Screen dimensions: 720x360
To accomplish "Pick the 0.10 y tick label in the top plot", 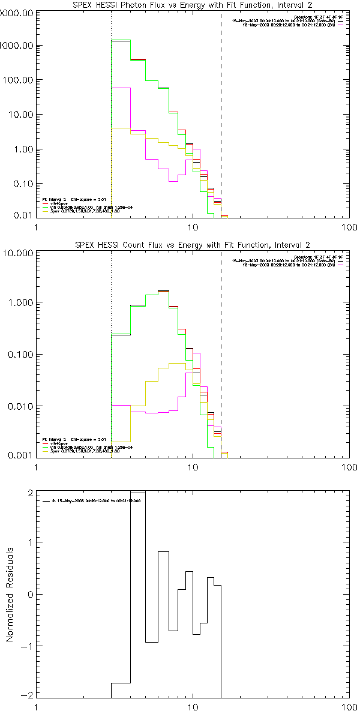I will click(x=20, y=184).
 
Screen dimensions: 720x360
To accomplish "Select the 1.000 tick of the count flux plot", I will click(x=18, y=303).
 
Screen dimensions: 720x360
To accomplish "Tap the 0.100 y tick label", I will click(x=18, y=355).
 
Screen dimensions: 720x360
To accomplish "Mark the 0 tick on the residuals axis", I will click(x=30, y=594).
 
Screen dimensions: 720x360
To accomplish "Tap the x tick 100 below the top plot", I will click(x=349, y=227).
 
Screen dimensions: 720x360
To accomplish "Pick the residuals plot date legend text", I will click(x=96, y=500).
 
